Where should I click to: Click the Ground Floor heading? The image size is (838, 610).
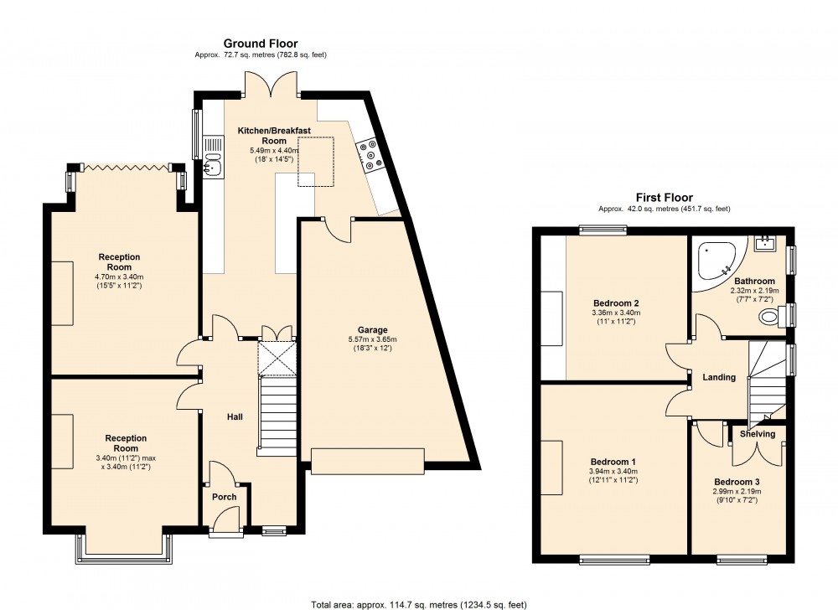[261, 44]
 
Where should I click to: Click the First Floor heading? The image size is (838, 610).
[664, 198]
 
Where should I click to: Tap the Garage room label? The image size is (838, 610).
[373, 330]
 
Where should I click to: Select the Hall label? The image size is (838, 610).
[235, 416]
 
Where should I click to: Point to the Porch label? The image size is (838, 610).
[225, 497]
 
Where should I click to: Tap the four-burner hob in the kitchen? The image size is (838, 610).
[369, 155]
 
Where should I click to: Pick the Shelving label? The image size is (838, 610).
[758, 434]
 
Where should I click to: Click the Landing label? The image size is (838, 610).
[719, 377]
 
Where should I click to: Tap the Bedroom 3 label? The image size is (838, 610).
[737, 481]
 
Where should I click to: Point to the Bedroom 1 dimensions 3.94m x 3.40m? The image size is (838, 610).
[613, 471]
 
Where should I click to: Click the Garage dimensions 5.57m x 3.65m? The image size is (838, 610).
[373, 339]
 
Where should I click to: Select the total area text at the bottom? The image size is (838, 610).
[419, 605]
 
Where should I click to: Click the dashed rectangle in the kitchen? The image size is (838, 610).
[316, 162]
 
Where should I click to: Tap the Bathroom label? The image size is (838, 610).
[754, 281]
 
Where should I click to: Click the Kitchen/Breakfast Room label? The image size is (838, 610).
[274, 136]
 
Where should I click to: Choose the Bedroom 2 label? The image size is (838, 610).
[616, 302]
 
